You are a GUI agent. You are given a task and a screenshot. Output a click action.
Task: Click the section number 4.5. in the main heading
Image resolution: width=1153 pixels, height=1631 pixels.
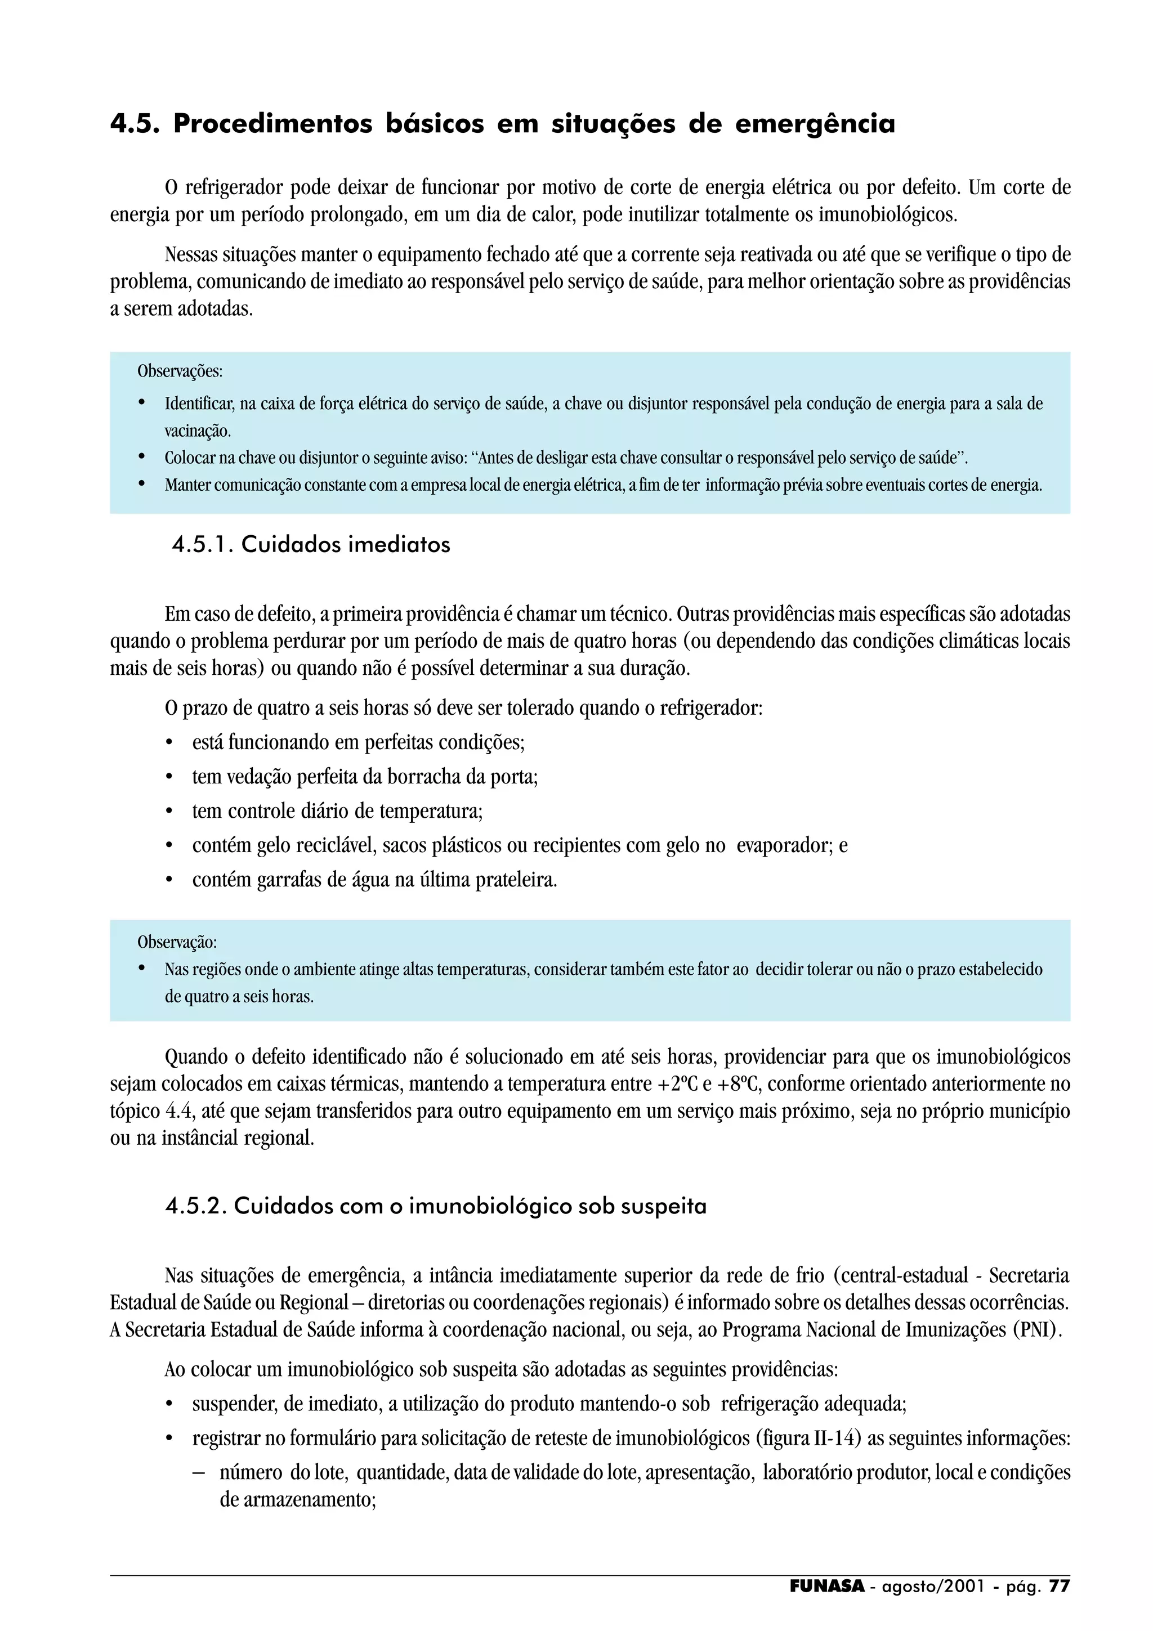pyautogui.click(x=134, y=124)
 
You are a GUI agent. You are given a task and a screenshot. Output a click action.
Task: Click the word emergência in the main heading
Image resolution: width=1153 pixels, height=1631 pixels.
pyautogui.click(x=815, y=124)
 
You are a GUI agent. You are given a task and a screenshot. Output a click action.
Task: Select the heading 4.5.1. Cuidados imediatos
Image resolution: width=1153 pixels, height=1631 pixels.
pyautogui.click(x=311, y=545)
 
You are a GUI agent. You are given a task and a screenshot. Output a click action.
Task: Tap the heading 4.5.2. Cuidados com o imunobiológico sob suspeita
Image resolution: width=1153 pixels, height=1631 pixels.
pyautogui.click(x=436, y=1206)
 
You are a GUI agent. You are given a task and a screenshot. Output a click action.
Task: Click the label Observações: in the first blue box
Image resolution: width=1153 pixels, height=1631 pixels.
pyautogui.click(x=180, y=371)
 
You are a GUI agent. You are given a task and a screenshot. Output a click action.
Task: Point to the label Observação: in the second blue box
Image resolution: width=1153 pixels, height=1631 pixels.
pyautogui.click(x=177, y=942)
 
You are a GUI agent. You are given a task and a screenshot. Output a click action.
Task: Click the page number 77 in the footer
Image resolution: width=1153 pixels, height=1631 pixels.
pyautogui.click(x=1059, y=1586)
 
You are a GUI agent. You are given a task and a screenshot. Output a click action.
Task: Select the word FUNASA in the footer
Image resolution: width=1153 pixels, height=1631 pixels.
pyautogui.click(x=827, y=1586)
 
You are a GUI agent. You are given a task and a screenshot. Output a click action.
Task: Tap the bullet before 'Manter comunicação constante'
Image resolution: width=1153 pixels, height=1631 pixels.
pyautogui.click(x=141, y=485)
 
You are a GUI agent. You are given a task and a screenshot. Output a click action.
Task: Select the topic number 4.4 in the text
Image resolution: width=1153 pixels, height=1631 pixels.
pyautogui.click(x=180, y=1111)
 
